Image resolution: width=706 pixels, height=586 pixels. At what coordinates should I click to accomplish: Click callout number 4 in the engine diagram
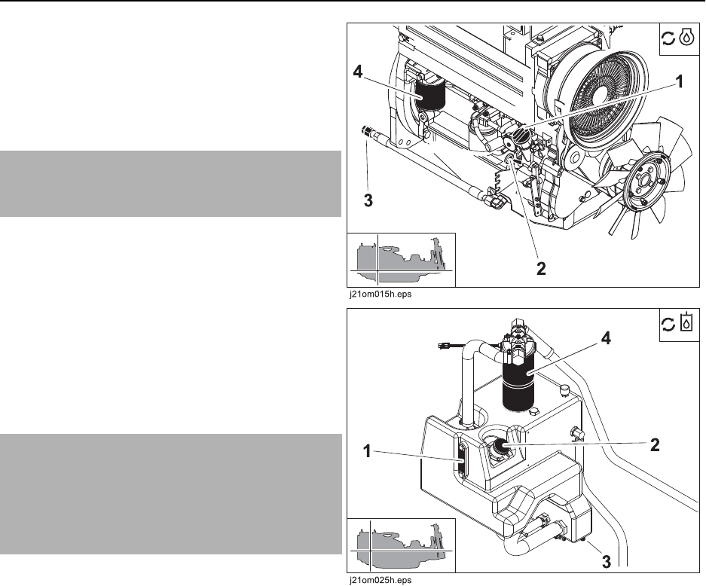[358, 72]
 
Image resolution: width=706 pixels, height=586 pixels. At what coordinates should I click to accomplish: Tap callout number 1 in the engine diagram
[679, 81]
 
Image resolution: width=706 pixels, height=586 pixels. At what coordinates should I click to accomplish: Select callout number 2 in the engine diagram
[541, 269]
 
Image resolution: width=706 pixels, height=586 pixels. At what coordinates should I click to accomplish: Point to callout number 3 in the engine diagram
[368, 200]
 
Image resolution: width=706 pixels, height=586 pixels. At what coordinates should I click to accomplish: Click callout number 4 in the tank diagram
[606, 338]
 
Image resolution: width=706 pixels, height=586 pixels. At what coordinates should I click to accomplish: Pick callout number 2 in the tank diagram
[655, 444]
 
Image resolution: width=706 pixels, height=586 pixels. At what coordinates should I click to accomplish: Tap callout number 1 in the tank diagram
[367, 451]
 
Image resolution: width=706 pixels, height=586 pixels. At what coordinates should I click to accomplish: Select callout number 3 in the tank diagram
[607, 561]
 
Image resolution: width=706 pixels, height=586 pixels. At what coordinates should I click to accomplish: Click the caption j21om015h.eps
[381, 295]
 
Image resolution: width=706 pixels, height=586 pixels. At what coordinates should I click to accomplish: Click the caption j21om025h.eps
[381, 580]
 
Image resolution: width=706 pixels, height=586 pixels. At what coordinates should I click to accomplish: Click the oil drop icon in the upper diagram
[686, 38]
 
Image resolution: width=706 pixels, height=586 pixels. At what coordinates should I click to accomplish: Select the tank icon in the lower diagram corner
[686, 322]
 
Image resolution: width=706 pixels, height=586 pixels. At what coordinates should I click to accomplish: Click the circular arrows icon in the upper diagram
[668, 38]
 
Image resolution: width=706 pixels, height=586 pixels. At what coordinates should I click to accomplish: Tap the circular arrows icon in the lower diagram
[668, 324]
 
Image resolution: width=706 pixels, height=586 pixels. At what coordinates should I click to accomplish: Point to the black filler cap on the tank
[499, 446]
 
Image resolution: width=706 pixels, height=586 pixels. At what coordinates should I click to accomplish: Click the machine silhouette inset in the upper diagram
[401, 260]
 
